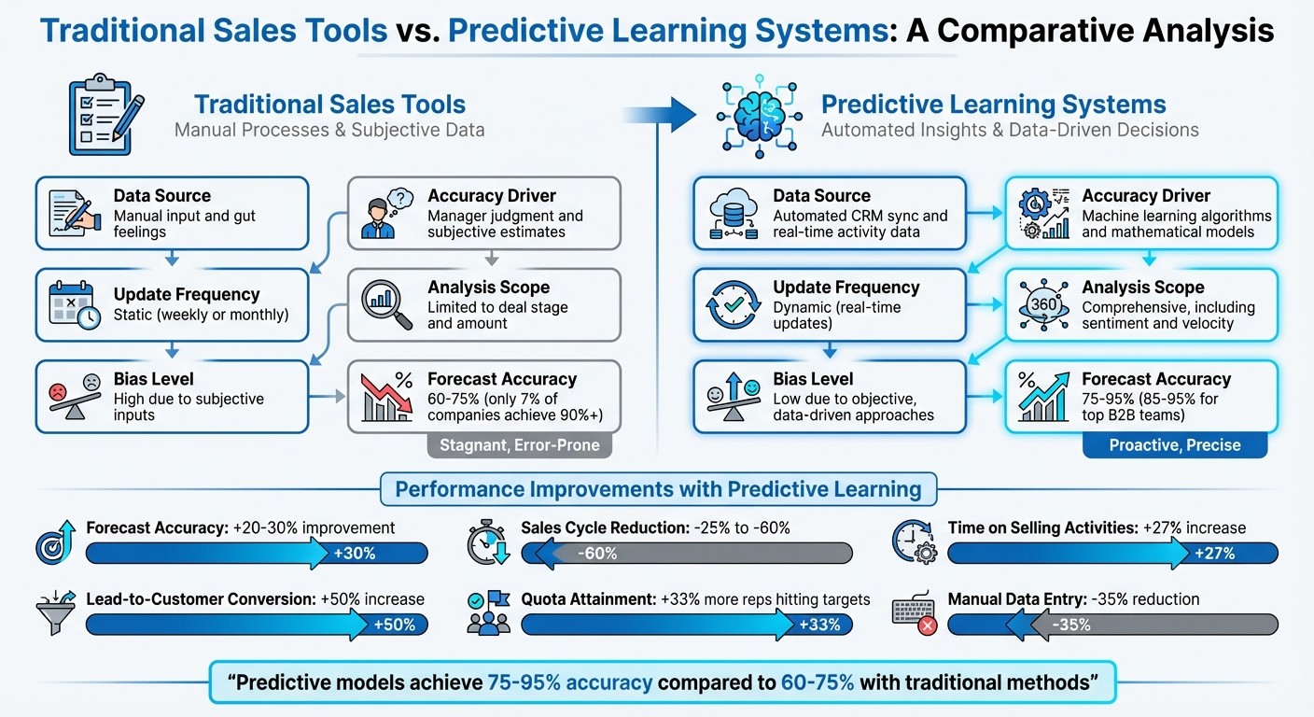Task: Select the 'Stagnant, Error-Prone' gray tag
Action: click(520, 445)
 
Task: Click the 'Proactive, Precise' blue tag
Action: click(1175, 445)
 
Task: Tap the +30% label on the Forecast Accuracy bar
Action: click(355, 554)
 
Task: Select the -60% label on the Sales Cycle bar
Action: click(597, 554)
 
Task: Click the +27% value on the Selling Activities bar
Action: click(1214, 554)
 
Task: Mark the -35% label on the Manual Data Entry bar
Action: click(1070, 625)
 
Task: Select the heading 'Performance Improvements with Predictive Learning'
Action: click(658, 489)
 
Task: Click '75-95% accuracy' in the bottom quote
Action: click(569, 682)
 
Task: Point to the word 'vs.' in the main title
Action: click(417, 30)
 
